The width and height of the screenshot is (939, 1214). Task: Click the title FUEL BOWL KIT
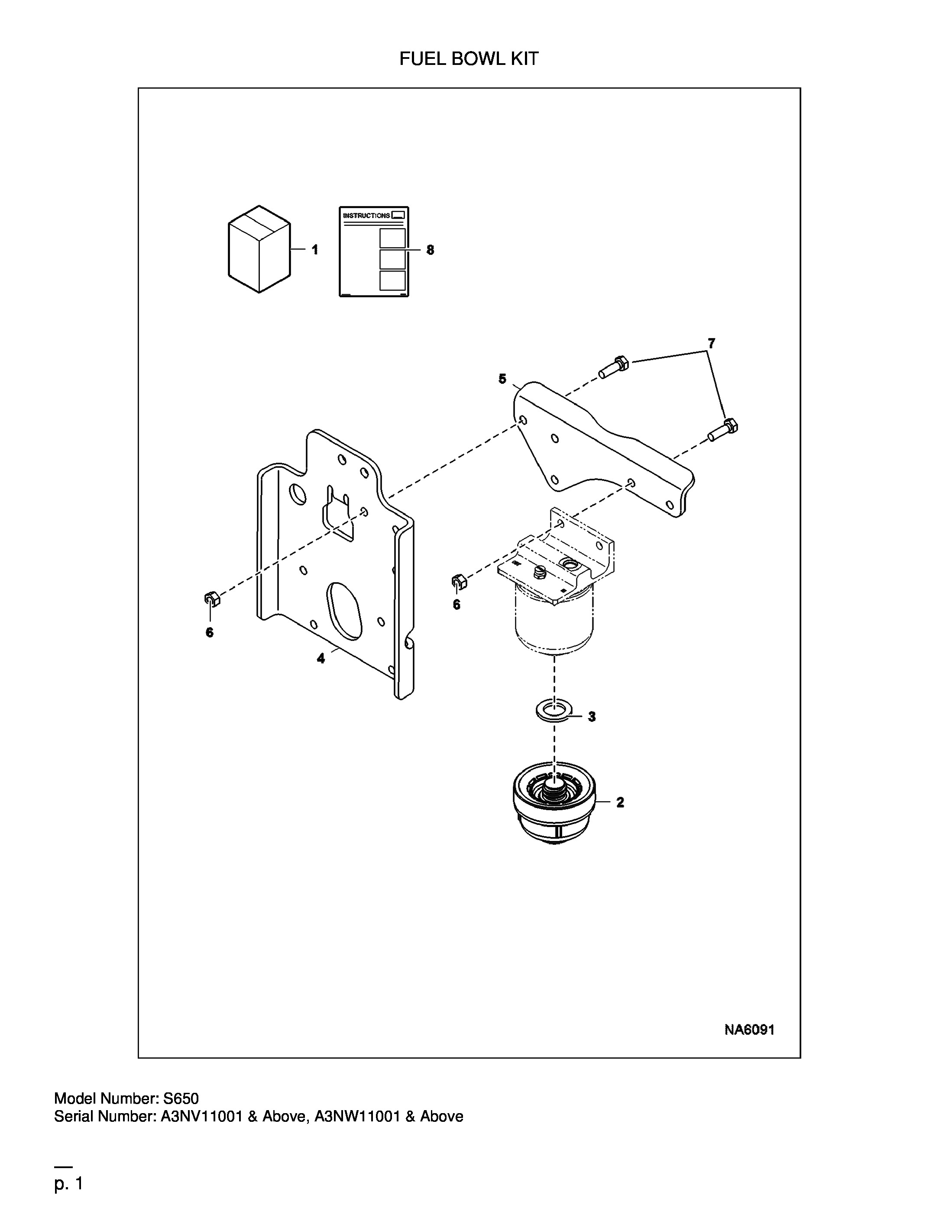(469, 59)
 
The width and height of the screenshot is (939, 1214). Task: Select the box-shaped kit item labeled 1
(259, 249)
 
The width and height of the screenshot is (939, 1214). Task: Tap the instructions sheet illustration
(374, 252)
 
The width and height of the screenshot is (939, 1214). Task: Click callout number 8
(430, 250)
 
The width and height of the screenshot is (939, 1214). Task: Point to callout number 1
(315, 250)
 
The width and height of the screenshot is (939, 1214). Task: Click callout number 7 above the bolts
(712, 344)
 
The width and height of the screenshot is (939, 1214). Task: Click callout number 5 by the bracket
(502, 379)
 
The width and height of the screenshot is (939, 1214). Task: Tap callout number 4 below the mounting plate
(321, 659)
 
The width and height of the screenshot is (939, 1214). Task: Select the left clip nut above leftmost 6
(211, 599)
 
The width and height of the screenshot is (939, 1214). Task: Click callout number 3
(592, 717)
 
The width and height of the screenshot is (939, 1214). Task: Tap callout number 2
(620, 803)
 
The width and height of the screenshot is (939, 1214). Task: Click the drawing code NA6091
(749, 1030)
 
